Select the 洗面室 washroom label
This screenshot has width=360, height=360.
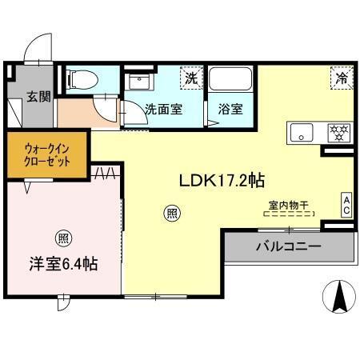[162, 110]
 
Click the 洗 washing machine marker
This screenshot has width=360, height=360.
[190, 78]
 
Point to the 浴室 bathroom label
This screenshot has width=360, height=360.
[230, 110]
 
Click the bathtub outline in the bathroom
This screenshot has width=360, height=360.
[230, 81]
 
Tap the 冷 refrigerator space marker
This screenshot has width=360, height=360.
[341, 78]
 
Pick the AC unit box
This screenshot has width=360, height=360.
[346, 204]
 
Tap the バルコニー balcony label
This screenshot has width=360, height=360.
[288, 246]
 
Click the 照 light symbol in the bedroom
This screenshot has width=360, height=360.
[62, 238]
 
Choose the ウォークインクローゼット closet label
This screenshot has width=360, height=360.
[46, 154]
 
